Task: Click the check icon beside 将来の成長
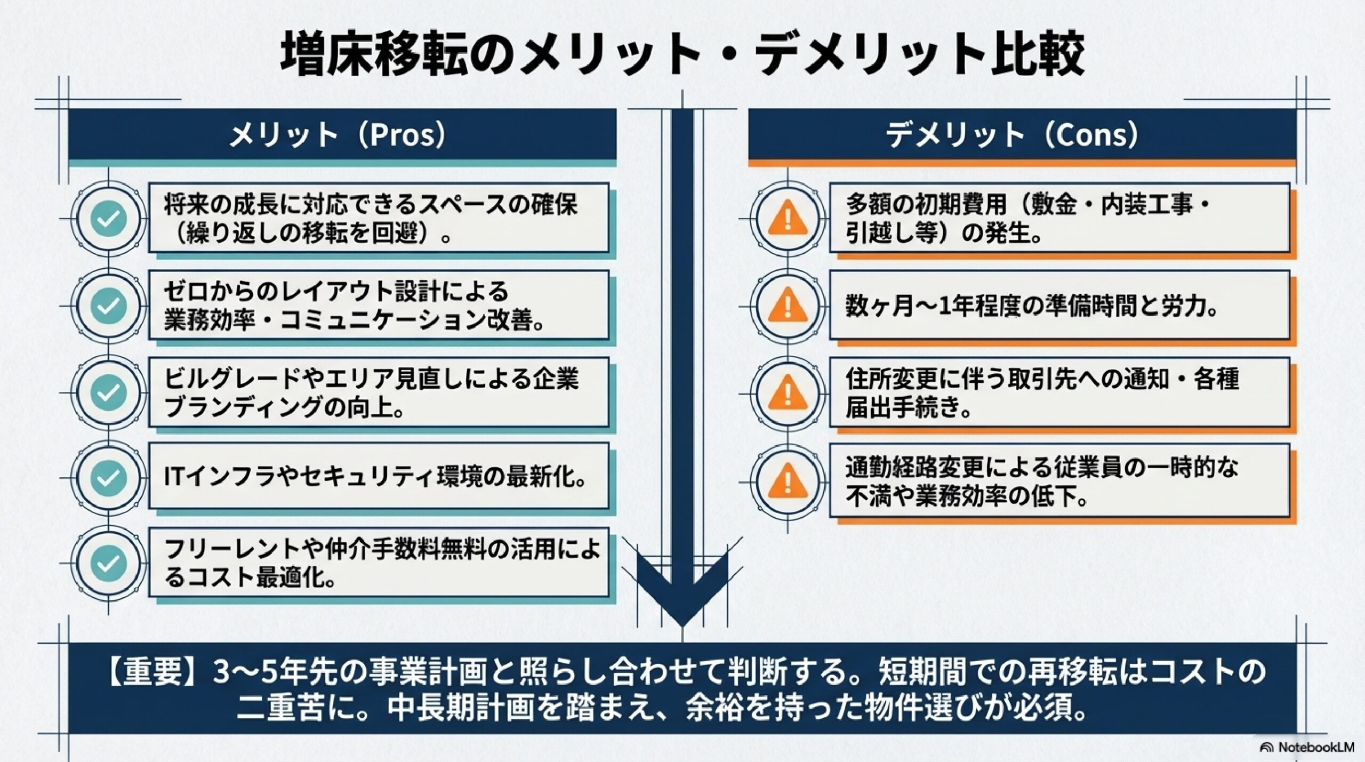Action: pyautogui.click(x=109, y=218)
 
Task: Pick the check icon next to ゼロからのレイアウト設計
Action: pyautogui.click(x=109, y=305)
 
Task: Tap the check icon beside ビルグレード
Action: pyautogui.click(x=109, y=392)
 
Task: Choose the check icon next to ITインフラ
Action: pyautogui.click(x=109, y=477)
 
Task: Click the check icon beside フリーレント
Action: pyautogui.click(x=109, y=563)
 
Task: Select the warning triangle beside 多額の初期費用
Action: pyautogui.click(x=786, y=218)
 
